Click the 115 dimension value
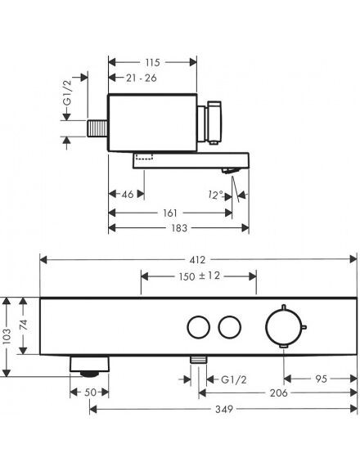click(153, 62)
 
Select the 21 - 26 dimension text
click(142, 78)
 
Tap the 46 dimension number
click(128, 195)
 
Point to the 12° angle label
click(215, 195)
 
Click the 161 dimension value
click(170, 213)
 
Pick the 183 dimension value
click(179, 228)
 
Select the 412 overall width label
click(197, 260)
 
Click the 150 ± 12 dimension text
click(200, 276)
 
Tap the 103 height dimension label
click(7, 336)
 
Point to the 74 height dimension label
click(24, 325)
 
